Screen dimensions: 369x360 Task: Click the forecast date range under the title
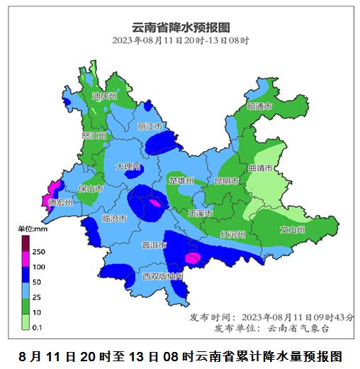tap(181, 40)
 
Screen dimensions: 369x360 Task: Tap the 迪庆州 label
tap(104, 96)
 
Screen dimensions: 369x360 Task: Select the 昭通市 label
tap(259, 106)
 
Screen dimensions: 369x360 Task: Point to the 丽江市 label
tap(151, 126)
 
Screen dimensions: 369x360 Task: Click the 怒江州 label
tap(94, 135)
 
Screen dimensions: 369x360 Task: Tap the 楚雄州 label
tap(182, 181)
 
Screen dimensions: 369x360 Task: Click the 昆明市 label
tap(228, 181)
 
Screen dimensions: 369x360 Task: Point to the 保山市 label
tap(91, 189)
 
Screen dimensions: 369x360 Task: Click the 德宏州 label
tap(60, 203)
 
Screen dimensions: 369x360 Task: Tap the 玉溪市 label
tap(201, 213)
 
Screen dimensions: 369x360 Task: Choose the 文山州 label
tap(292, 230)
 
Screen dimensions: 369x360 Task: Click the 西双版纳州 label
tap(162, 276)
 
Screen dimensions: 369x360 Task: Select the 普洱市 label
tap(154, 246)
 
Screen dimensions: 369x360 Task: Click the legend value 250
tap(39, 252)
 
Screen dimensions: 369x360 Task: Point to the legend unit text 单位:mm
tap(32, 229)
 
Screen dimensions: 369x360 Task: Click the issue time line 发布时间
tap(272, 316)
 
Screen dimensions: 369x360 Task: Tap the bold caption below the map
tap(181, 355)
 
